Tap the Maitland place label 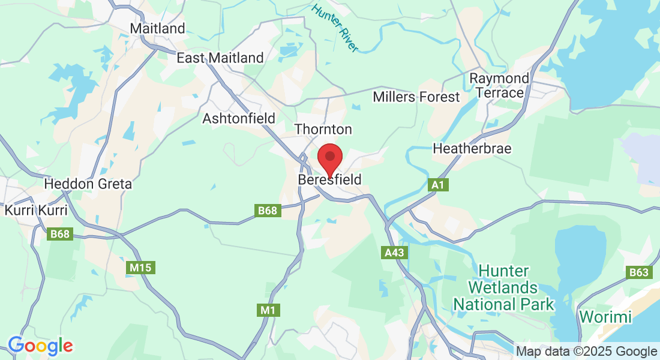(157, 29)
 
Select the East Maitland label (220, 58)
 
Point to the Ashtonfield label (238, 118)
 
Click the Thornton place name (323, 129)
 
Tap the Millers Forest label (416, 97)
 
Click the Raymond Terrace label (499, 85)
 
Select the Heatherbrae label (472, 148)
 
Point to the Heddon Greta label (88, 184)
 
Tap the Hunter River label (335, 28)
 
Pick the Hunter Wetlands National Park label (503, 287)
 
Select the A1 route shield (438, 185)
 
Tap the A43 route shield (394, 253)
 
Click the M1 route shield (268, 310)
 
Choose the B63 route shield (639, 273)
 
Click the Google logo (40, 346)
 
